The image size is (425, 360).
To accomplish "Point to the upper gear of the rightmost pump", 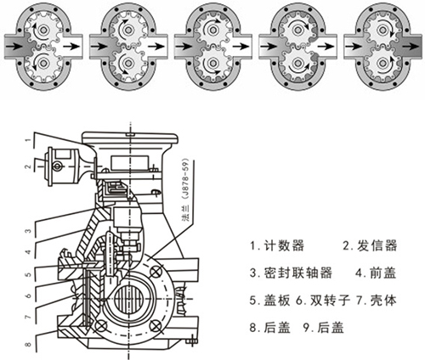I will coord(381,27).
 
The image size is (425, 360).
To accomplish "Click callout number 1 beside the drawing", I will coord(29,138).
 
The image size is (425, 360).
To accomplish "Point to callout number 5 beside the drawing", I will coord(29,275).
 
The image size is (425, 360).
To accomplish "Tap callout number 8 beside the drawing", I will coord(29,345).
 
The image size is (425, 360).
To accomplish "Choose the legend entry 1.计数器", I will coord(276,246).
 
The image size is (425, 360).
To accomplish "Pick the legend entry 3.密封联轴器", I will coord(290,273).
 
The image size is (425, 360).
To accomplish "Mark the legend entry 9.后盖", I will coord(332,327).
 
